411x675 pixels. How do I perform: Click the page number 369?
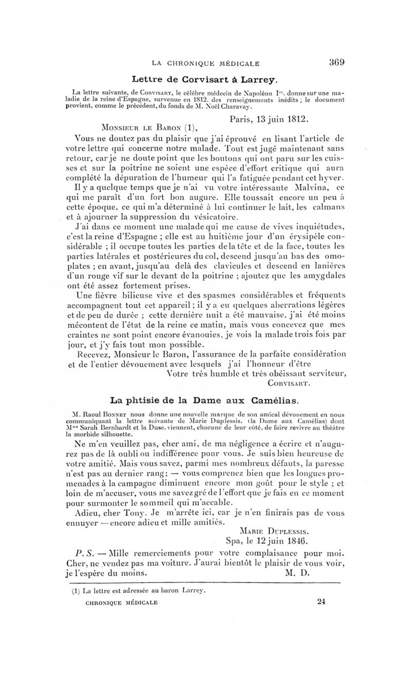336,63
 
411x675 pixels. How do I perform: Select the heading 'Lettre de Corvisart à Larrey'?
205,79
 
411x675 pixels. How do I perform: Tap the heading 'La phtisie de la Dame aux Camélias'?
205,399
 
